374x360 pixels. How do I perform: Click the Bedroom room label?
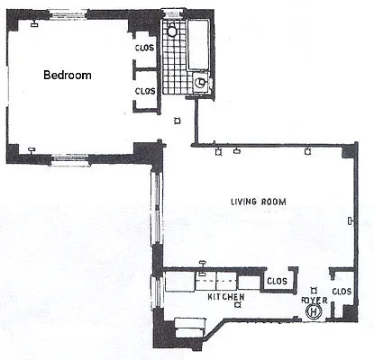click(67, 76)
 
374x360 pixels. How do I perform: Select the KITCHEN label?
click(226, 295)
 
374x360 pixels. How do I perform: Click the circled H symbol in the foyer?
click(312, 311)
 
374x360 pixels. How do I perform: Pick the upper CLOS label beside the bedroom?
click(144, 48)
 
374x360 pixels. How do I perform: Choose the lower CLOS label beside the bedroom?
click(144, 91)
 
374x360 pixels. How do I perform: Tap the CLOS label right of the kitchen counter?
click(277, 282)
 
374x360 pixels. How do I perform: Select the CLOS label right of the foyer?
click(342, 292)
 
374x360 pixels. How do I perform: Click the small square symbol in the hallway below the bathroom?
click(177, 121)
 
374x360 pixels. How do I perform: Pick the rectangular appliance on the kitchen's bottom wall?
click(188, 327)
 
